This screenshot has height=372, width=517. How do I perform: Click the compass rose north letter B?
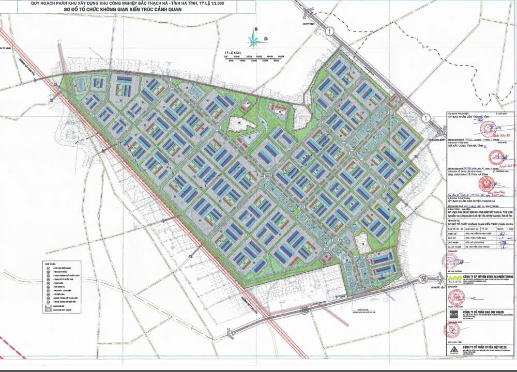coord(255,29)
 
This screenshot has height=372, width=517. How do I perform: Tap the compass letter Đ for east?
coord(265,39)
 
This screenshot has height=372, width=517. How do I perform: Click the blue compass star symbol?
coord(253,38)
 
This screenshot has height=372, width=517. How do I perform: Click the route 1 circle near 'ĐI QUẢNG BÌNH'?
coord(425,118)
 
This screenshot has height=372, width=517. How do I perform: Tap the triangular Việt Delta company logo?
coord(453,364)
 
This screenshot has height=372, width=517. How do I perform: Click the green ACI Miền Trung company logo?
coord(453,279)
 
